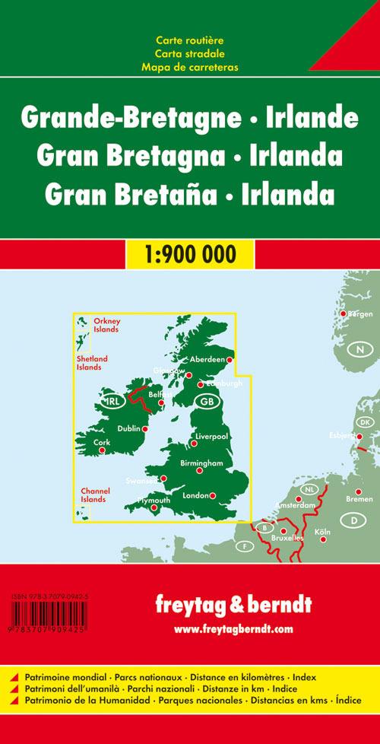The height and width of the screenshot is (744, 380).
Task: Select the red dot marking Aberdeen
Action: (230, 360)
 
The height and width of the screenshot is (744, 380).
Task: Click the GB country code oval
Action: (206, 401)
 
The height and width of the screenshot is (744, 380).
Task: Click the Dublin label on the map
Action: (129, 429)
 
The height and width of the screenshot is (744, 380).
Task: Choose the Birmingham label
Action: (201, 463)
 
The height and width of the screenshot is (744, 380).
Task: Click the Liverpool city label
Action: (212, 437)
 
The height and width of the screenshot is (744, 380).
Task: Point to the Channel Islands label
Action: (94, 495)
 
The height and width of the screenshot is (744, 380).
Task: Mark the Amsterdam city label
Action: (296, 505)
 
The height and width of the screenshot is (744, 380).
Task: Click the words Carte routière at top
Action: (189, 39)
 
